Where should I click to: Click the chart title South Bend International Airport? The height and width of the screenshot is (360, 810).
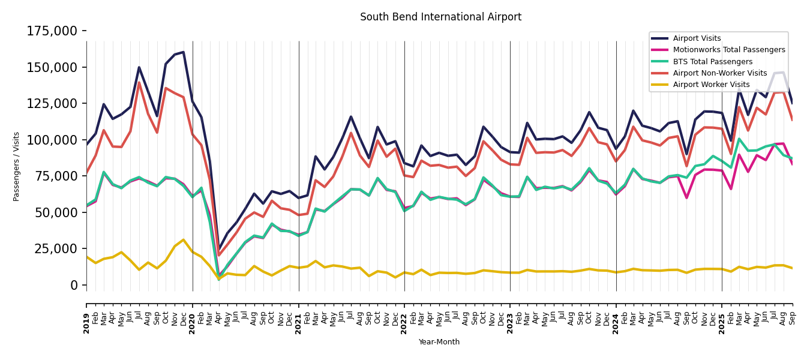[440, 17]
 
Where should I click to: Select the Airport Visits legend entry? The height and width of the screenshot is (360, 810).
[697, 38]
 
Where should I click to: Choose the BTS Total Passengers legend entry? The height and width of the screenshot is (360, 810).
[712, 62]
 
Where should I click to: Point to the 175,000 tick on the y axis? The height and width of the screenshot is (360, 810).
[52, 31]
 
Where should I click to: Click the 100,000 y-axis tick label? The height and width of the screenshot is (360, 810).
[52, 140]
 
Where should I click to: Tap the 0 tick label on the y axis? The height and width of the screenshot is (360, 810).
[74, 285]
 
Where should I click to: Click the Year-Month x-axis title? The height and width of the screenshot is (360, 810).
[439, 342]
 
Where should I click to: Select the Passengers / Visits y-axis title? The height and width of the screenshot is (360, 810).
[17, 166]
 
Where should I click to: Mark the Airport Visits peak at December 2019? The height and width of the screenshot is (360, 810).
[184, 52]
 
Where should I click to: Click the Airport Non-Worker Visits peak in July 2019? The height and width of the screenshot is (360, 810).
[139, 82]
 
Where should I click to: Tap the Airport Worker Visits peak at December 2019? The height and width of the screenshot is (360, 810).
[184, 240]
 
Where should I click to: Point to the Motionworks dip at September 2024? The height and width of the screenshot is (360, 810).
[686, 198]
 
